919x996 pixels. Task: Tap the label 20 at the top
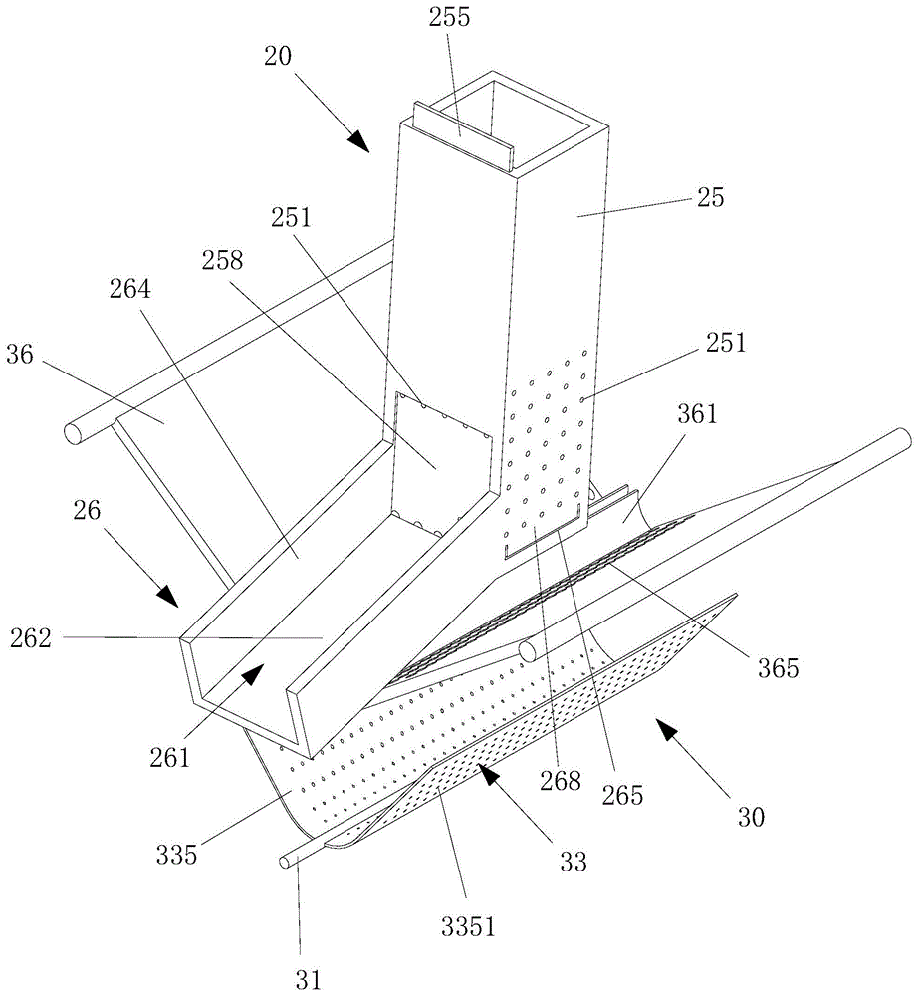pyautogui.click(x=278, y=56)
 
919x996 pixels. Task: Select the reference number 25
pyautogui.click(x=711, y=196)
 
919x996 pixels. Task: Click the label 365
pyautogui.click(x=778, y=667)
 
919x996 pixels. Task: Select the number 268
pyautogui.click(x=561, y=781)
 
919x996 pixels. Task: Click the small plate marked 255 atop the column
pyautogui.click(x=461, y=133)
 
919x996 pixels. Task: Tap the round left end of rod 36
pyautogui.click(x=73, y=434)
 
